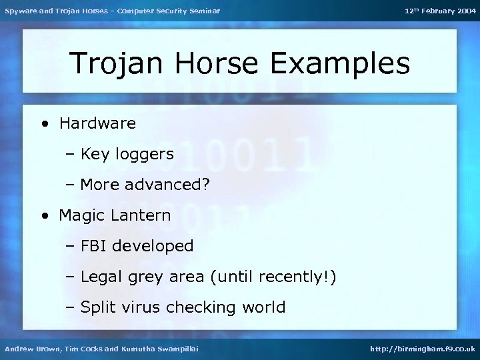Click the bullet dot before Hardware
point(45,124)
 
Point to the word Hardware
point(97,123)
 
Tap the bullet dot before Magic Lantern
point(45,216)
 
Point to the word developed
point(153,247)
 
